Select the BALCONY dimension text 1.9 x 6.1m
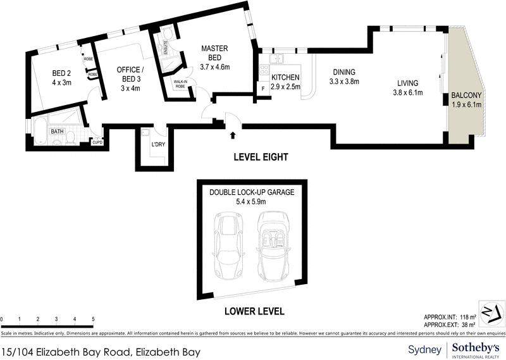[467, 106]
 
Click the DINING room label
[342, 72]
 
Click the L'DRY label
[157, 146]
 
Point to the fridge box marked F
[262, 89]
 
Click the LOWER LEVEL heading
[254, 311]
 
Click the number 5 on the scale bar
[94, 320]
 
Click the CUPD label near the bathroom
[97, 142]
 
